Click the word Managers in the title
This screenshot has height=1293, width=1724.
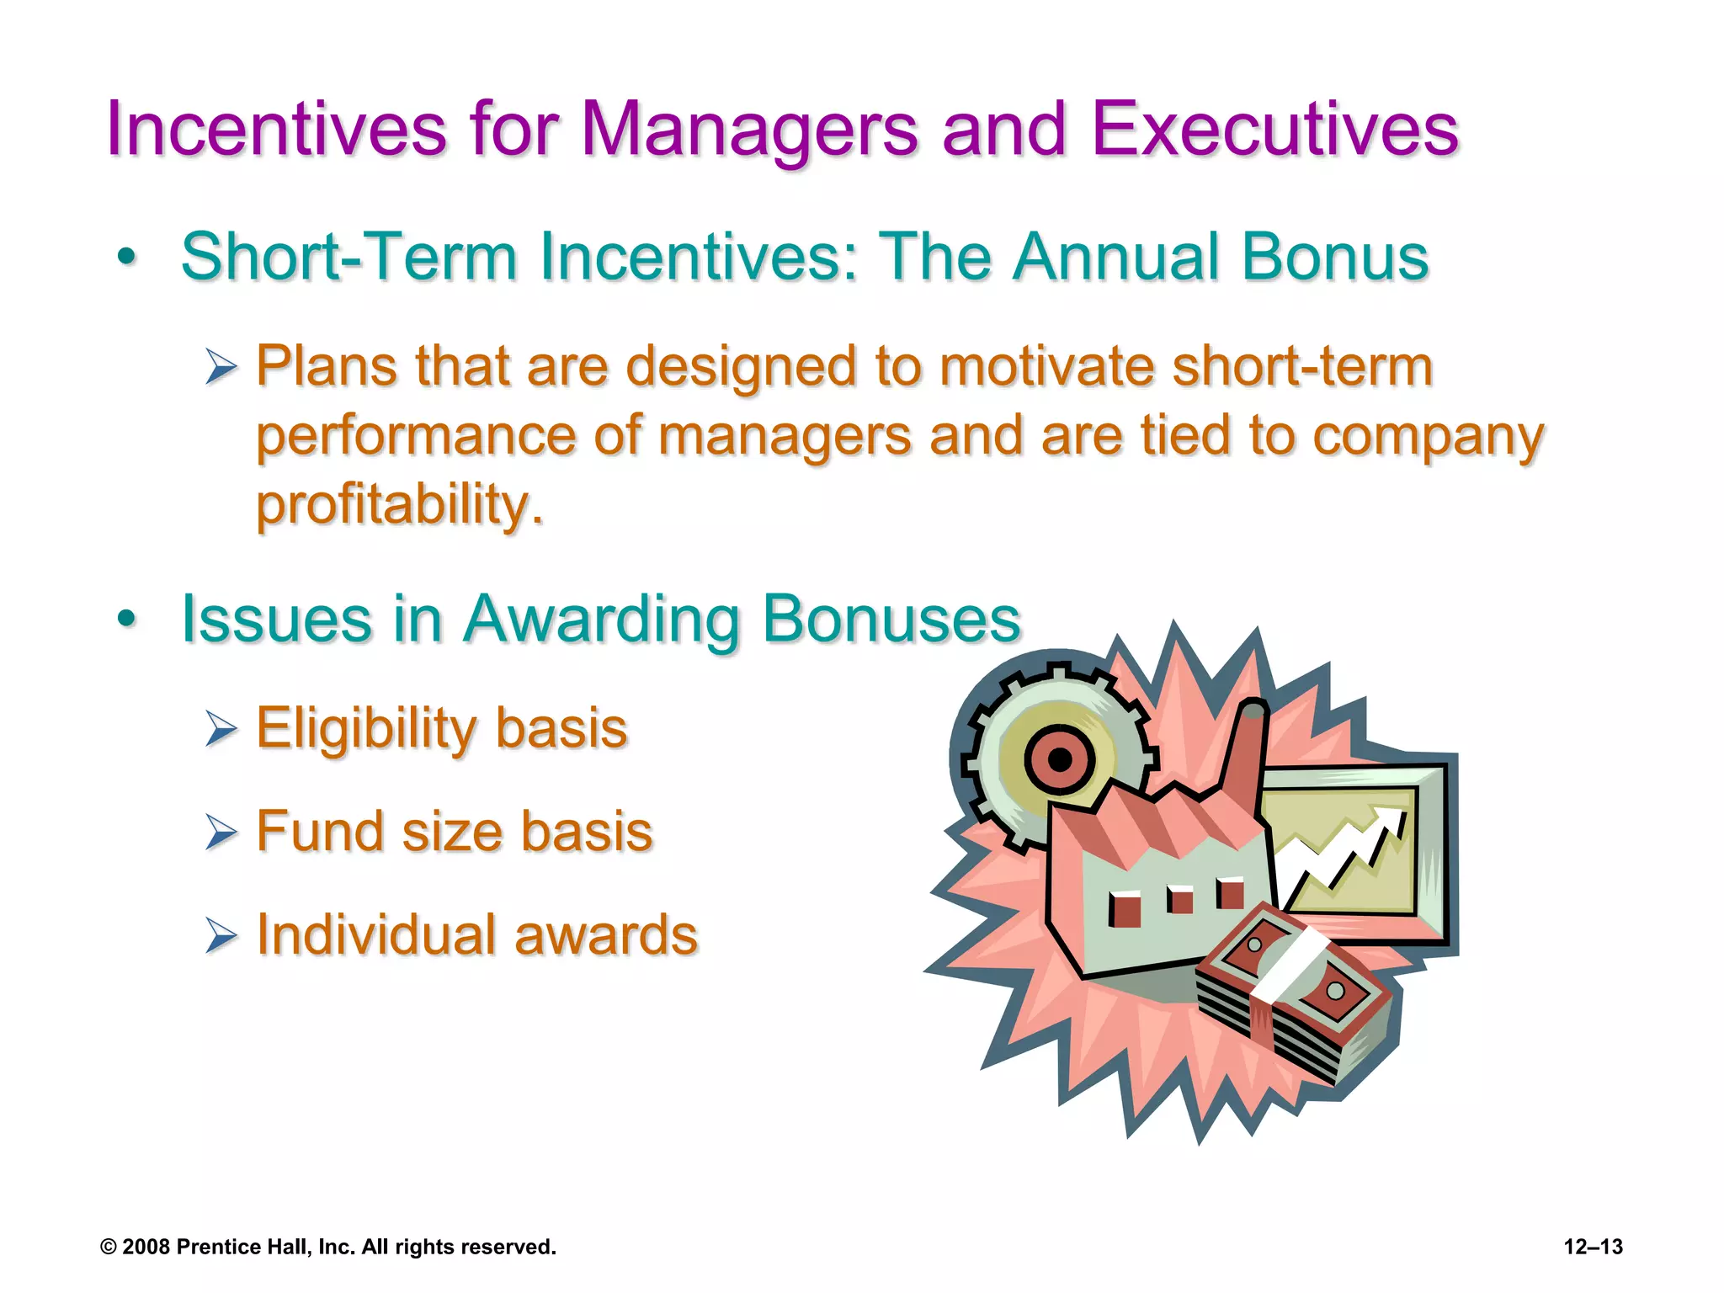pyautogui.click(x=748, y=130)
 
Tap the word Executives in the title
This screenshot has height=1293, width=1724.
pyautogui.click(x=1274, y=130)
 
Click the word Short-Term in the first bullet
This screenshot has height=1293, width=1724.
pyautogui.click(x=349, y=257)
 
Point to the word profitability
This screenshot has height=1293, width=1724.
pyautogui.click(x=400, y=505)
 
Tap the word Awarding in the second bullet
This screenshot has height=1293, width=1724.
pyautogui.click(x=603, y=620)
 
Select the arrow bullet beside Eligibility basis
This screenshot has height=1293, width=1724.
pyautogui.click(x=221, y=729)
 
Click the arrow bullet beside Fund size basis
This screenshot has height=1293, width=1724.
pyautogui.click(x=221, y=833)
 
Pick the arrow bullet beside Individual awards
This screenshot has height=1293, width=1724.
pyautogui.click(x=221, y=936)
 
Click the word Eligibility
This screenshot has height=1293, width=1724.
pyautogui.click(x=370, y=729)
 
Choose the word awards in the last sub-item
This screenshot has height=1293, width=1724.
pyautogui.click(x=605, y=935)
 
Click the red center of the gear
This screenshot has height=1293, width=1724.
pyautogui.click(x=1060, y=760)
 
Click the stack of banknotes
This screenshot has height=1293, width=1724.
pyautogui.click(x=1292, y=993)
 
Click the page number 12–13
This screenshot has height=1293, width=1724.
pyautogui.click(x=1593, y=1247)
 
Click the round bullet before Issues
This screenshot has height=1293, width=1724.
pyautogui.click(x=127, y=620)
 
